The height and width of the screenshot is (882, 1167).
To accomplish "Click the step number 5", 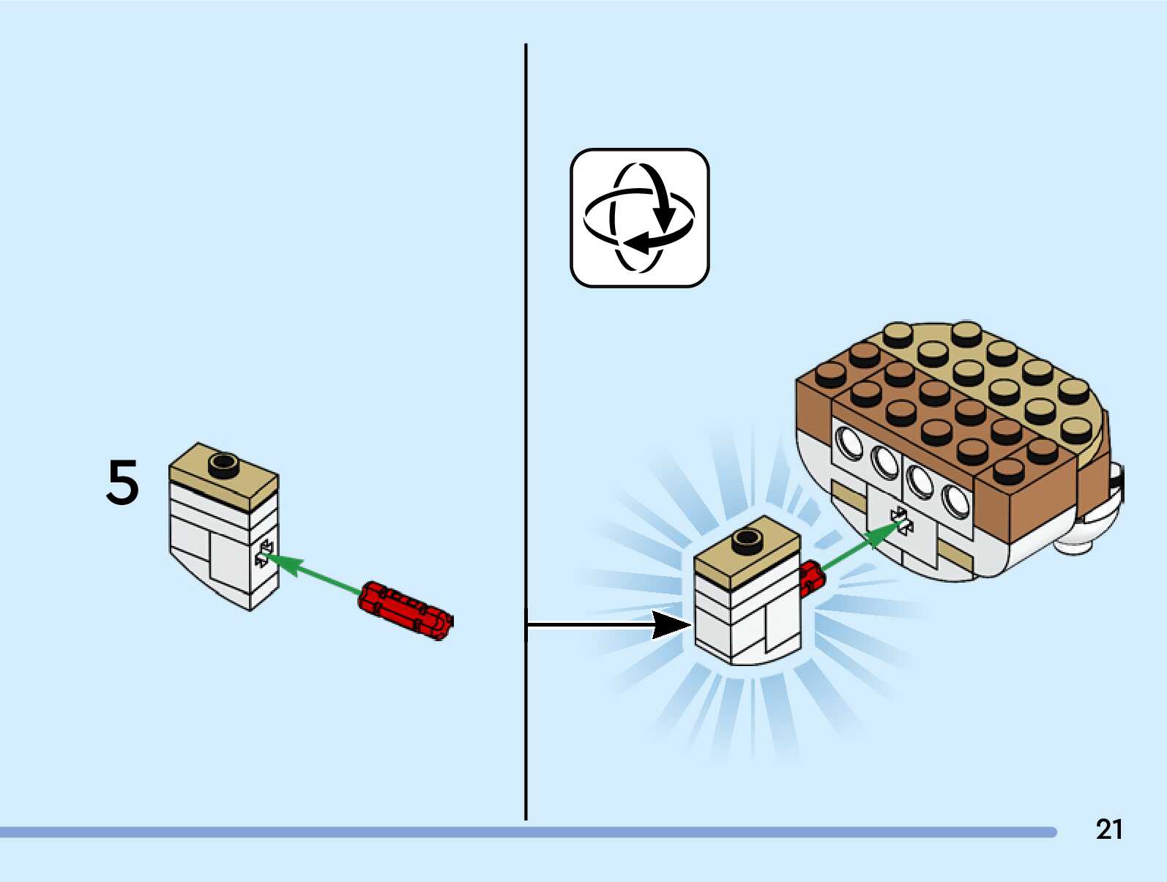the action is tap(123, 482).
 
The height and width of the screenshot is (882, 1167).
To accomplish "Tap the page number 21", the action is tap(1109, 829).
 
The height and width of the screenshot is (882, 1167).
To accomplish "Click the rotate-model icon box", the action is tap(640, 218).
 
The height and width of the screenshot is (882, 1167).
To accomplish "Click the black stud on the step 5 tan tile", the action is tap(223, 466).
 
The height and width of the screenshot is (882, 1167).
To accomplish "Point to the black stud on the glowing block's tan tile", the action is tap(747, 542).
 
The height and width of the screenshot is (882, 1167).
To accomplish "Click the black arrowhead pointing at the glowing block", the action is tap(672, 625).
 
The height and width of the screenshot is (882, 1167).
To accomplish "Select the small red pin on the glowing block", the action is tap(811, 578).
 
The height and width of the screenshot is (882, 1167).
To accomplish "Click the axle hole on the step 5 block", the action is tap(264, 554).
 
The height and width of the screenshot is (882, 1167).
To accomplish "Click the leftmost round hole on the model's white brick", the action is tap(849, 444).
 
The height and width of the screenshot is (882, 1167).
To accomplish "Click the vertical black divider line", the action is tap(526, 431).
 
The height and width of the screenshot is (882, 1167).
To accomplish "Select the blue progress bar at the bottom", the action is tap(528, 832).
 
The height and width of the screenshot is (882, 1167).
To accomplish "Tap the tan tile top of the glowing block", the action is tap(747, 550).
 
